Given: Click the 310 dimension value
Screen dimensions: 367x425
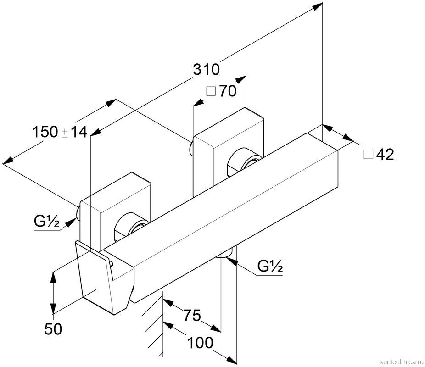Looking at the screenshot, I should [x=206, y=70].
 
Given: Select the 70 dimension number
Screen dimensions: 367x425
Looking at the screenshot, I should [x=228, y=91].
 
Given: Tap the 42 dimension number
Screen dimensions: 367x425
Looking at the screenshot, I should [x=385, y=155].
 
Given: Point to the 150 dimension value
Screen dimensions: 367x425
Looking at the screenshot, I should [x=45, y=133].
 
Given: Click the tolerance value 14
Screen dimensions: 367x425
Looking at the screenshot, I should [x=79, y=133].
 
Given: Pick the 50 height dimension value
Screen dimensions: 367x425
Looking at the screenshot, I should [x=53, y=328].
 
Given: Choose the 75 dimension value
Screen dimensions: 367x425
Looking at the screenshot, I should [x=192, y=316].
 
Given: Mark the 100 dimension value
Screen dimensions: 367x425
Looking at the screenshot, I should [x=200, y=342].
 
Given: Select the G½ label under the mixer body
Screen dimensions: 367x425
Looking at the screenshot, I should [x=269, y=266].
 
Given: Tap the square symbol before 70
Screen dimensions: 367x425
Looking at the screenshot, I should [x=211, y=91].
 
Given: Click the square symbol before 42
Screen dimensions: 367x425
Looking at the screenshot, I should [x=368, y=155].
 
